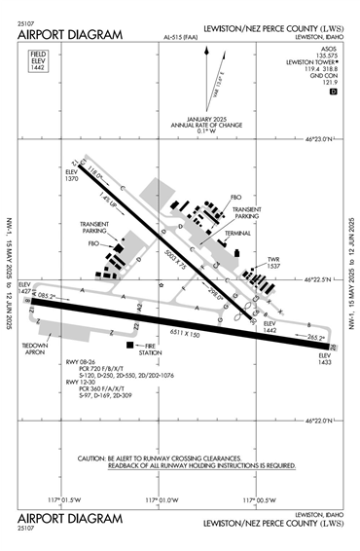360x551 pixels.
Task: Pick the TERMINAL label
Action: point(237,234)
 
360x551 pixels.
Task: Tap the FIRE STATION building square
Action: point(127,345)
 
